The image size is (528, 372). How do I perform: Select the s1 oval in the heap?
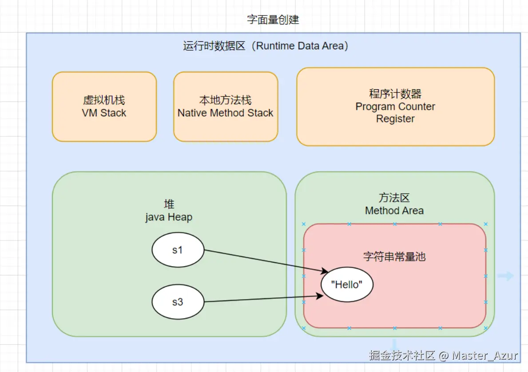178,250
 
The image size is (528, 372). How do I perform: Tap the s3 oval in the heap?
178,302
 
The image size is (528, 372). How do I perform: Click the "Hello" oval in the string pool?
347,284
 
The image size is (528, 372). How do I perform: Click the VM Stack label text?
104,113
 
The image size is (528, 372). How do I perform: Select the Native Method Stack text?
225,113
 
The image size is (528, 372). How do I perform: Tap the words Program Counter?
395,107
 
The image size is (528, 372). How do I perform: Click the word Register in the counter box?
395,119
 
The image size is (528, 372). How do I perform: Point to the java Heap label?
169,217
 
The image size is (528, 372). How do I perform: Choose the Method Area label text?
394,211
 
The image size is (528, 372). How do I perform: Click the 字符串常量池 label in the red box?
394,257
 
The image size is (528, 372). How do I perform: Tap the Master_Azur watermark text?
484,356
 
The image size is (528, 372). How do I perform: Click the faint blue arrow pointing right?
505,276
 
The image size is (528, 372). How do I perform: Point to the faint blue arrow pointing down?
394,344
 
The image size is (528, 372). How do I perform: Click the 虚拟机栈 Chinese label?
104,100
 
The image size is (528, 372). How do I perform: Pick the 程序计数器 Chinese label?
395,94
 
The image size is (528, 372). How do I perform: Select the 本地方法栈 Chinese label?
225,100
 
